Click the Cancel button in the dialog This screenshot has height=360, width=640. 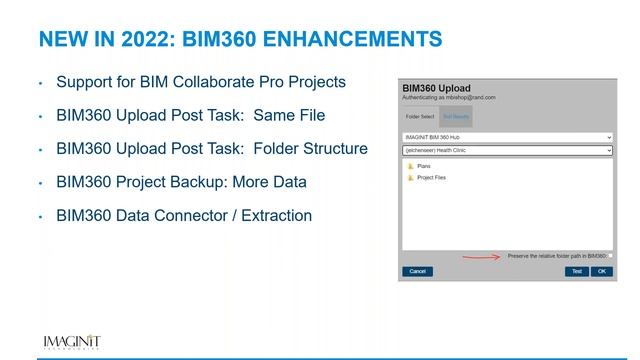[x=417, y=271]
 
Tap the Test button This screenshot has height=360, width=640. [x=576, y=271]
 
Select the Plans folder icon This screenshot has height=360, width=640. [x=410, y=166]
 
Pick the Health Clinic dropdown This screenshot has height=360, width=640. [x=506, y=150]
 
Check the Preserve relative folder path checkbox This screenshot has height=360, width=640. [x=609, y=255]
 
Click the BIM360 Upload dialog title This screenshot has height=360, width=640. [x=435, y=89]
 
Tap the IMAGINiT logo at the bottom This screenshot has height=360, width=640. [x=71, y=342]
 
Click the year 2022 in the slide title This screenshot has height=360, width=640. [x=158, y=41]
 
